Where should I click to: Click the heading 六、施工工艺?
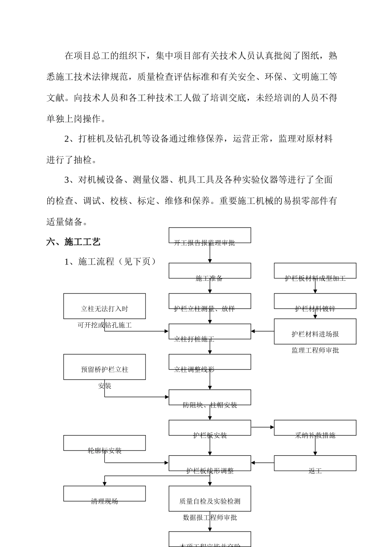(x=73, y=242)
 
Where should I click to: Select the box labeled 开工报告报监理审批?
(x=210, y=236)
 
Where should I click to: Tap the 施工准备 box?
(x=210, y=271)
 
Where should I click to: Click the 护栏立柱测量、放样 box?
(x=210, y=302)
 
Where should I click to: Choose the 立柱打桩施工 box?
(x=210, y=332)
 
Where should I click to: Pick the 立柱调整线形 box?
(x=210, y=362)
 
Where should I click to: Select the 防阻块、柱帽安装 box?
(x=210, y=398)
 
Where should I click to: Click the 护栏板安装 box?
(x=210, y=428)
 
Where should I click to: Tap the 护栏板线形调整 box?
(x=210, y=464)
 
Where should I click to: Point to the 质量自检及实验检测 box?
(x=210, y=499)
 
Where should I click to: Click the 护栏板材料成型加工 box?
(x=315, y=271)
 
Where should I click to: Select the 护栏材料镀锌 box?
(x=315, y=302)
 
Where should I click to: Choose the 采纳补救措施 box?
(x=315, y=428)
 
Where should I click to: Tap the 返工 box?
(x=315, y=464)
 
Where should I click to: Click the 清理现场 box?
(x=105, y=494)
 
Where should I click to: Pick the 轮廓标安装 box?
(x=105, y=443)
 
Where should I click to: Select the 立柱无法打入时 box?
(x=105, y=306)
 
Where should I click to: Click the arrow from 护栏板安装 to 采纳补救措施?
(x=262, y=427)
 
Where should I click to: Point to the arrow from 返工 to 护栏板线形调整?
(x=262, y=463)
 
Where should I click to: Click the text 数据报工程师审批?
(x=210, y=518)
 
